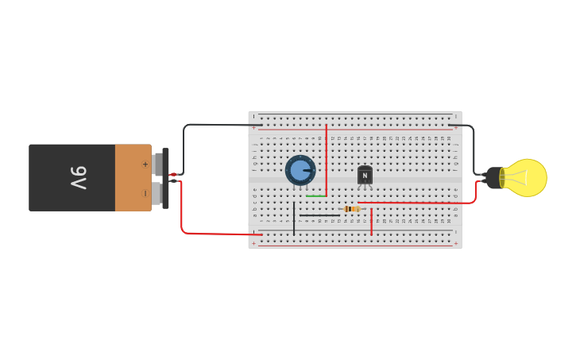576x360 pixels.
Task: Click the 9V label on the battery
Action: pyautogui.click(x=78, y=177)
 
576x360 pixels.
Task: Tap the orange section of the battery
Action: pyautogui.click(x=132, y=177)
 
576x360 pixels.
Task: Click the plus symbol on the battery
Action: pyautogui.click(x=145, y=164)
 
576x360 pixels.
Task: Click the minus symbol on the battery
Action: pyautogui.click(x=145, y=193)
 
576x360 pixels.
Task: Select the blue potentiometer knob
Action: pyautogui.click(x=300, y=170)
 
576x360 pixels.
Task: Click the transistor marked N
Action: pyautogui.click(x=365, y=175)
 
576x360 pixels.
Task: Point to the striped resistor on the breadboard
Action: pyautogui.click(x=351, y=209)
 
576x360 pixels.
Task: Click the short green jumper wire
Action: pyautogui.click(x=315, y=195)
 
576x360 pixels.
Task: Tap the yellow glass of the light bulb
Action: pyautogui.click(x=528, y=177)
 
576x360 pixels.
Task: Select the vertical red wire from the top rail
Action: pyautogui.click(x=326, y=159)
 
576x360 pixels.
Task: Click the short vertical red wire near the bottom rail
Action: pyautogui.click(x=371, y=223)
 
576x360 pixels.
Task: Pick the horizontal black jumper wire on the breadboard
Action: pyautogui.click(x=319, y=215)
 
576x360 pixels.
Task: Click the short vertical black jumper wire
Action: pyautogui.click(x=294, y=219)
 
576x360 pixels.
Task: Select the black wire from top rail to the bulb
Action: pyautogui.click(x=473, y=143)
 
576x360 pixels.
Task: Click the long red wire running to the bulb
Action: pyautogui.click(x=421, y=203)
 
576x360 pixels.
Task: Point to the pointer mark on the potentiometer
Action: pyautogui.click(x=307, y=170)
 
